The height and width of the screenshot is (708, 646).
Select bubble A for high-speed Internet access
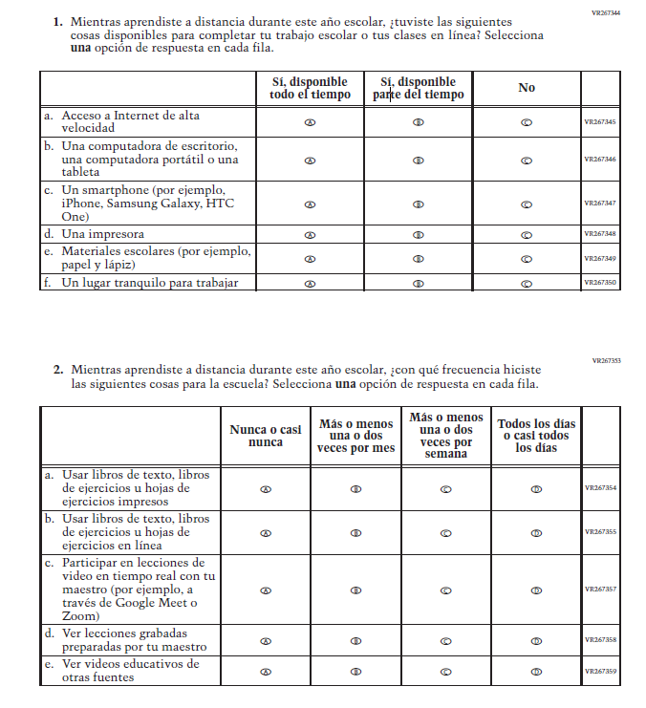coord(310,122)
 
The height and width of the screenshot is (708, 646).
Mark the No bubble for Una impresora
coord(527,234)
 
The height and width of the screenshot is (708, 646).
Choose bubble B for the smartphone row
coord(418,204)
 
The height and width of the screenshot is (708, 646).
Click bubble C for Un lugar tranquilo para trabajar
coord(527,283)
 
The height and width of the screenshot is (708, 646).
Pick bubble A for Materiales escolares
coord(310,259)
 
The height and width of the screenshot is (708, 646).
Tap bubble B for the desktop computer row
coord(418,160)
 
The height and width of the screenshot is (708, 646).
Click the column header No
coord(527,88)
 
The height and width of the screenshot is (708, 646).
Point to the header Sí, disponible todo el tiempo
coord(310,88)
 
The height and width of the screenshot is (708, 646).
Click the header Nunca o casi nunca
coord(266,436)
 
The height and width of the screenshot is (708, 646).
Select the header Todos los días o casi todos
coord(536,436)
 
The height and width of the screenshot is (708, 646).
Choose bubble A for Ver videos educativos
coord(266,672)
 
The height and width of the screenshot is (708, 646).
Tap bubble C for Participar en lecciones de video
coord(445,590)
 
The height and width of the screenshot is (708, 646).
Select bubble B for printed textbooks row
coord(355,488)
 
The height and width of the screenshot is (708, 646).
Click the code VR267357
coord(600,590)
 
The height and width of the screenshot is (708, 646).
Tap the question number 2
coord(58,369)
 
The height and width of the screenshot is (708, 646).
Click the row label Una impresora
coord(102,234)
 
